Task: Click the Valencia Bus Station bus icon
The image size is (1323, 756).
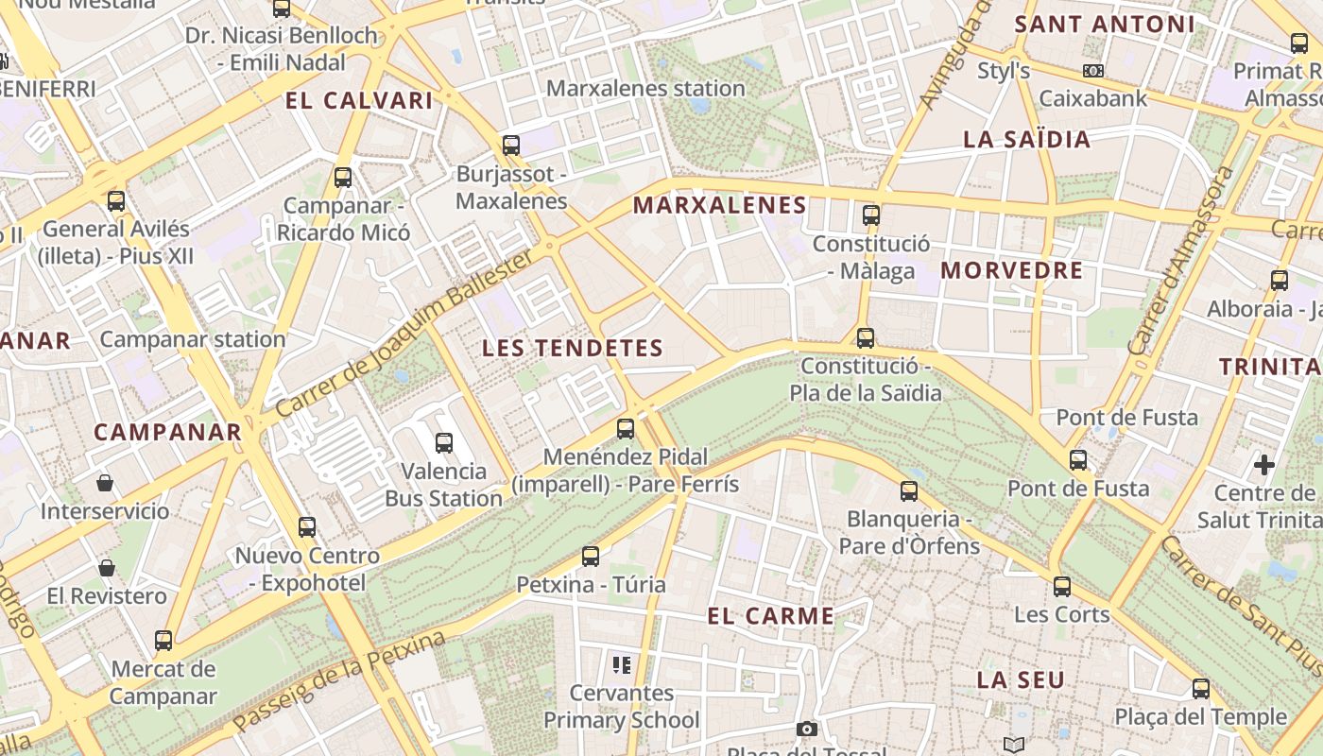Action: click(x=443, y=442)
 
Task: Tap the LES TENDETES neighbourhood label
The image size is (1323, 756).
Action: click(x=573, y=348)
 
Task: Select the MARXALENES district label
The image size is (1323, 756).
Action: click(x=719, y=205)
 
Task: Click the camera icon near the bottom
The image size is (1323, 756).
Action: click(x=806, y=729)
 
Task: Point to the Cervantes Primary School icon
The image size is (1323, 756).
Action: click(x=621, y=665)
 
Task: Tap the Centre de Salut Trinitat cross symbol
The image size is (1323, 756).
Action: click(x=1263, y=465)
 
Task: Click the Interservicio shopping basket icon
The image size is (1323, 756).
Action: click(x=105, y=484)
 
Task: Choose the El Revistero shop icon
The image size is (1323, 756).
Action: click(x=107, y=568)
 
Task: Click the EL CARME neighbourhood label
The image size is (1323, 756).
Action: click(x=770, y=616)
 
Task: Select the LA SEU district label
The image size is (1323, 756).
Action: click(x=1021, y=679)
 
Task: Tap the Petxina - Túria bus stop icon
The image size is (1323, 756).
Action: click(x=591, y=557)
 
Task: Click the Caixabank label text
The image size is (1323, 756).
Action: click(x=1092, y=98)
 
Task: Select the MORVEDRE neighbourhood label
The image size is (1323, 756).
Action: click(x=1011, y=270)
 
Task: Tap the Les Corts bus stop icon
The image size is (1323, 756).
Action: click(x=1062, y=587)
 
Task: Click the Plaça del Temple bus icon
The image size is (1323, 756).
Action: click(x=1201, y=689)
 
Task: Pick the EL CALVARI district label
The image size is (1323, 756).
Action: click(x=358, y=100)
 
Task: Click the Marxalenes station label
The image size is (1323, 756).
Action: click(x=645, y=88)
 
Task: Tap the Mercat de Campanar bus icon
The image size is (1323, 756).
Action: click(x=163, y=641)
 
